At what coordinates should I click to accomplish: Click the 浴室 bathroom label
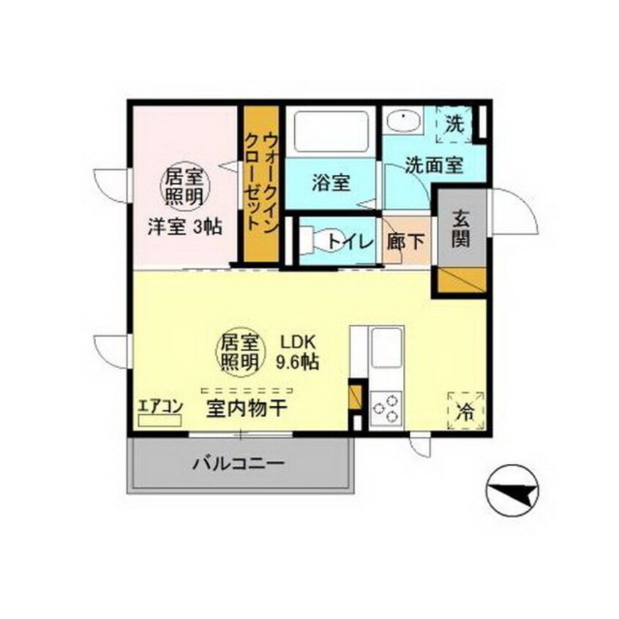point(331,184)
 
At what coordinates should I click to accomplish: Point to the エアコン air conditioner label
point(160,406)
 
